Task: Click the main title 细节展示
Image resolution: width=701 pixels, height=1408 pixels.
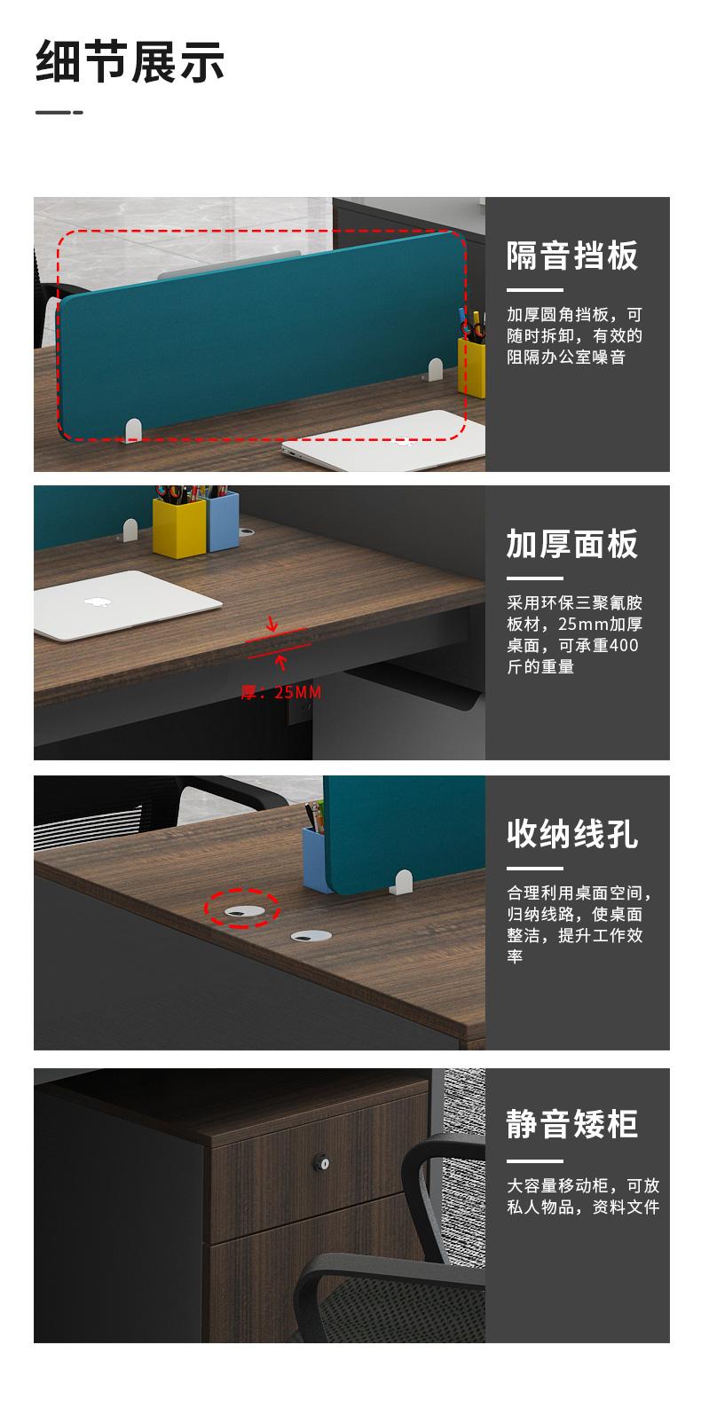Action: pos(130,61)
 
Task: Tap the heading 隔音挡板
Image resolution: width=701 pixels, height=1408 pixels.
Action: pos(572,256)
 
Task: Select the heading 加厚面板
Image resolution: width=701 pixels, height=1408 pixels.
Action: pos(572,544)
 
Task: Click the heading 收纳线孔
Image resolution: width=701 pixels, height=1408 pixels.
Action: pos(572,834)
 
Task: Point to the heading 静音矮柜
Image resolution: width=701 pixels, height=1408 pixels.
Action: pos(572,1124)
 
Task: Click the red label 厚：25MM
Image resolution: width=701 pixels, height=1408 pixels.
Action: pos(281,693)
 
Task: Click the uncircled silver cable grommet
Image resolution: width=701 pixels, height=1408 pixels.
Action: pos(311,937)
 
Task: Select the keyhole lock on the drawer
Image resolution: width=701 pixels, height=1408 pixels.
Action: pos(322,1163)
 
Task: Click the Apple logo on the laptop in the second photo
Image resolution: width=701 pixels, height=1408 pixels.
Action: pos(98,602)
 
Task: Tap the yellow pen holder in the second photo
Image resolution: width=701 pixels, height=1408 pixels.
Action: pos(179,528)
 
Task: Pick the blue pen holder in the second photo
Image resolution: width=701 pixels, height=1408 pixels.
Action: pos(222,521)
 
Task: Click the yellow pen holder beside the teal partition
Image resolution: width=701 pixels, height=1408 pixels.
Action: pos(471,367)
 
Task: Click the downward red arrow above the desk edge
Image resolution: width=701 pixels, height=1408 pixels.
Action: pos(272,625)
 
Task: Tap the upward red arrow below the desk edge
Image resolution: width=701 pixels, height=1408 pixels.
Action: pos(281,662)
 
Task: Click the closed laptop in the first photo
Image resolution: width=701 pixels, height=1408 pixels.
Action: pos(382,442)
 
